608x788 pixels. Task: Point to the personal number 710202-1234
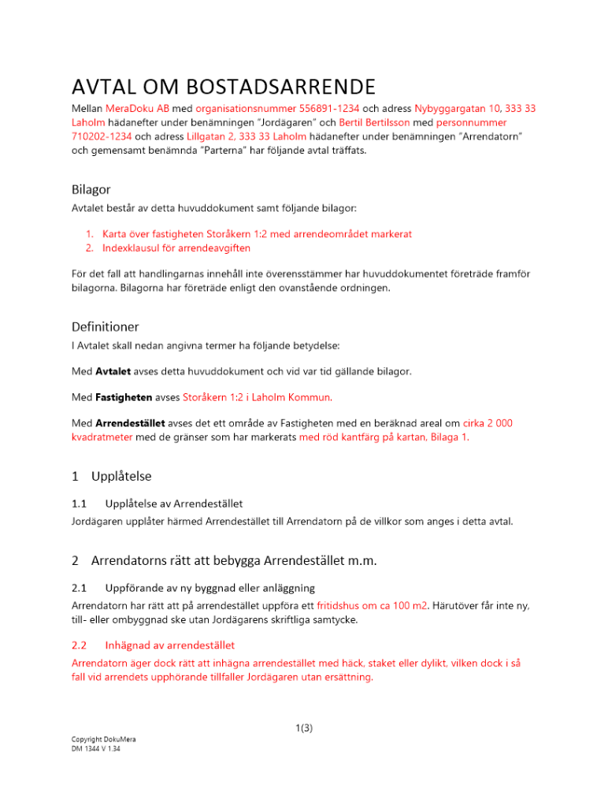105,137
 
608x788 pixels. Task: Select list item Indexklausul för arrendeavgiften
176,248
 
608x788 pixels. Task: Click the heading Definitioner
103,325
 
